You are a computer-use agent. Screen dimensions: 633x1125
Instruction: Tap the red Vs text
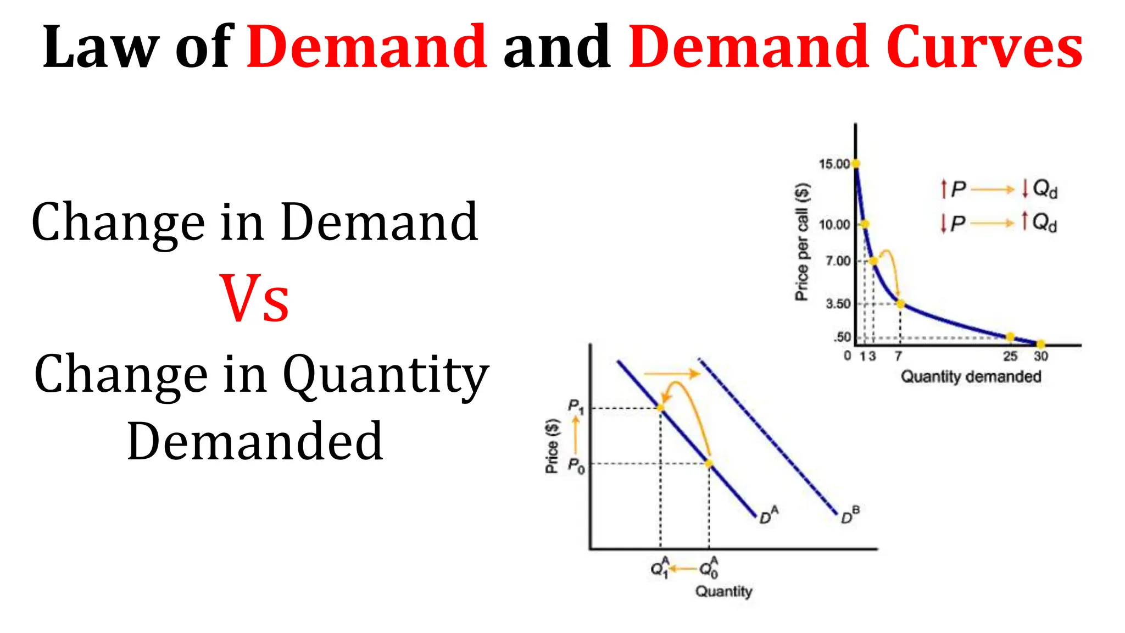(254, 299)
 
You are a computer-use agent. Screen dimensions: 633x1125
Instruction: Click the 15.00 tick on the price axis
(834, 164)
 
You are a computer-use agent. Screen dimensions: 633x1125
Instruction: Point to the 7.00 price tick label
(838, 260)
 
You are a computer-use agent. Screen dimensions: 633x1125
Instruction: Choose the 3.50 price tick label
(838, 304)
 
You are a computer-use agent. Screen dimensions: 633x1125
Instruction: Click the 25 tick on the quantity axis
(1010, 356)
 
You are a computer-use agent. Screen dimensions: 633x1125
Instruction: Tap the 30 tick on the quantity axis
(1041, 356)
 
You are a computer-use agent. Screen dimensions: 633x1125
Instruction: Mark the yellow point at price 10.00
(865, 224)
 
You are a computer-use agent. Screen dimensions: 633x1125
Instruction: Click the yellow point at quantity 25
(1010, 337)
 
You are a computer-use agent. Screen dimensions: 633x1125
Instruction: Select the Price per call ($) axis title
(803, 242)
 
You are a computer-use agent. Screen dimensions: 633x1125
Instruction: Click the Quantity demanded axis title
(971, 377)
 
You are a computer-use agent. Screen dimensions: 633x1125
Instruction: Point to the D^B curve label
(850, 515)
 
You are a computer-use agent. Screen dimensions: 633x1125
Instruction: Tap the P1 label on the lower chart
(576, 407)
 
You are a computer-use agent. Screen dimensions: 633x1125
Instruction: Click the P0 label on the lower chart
(576, 466)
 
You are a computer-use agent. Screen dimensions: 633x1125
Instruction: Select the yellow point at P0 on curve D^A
(709, 464)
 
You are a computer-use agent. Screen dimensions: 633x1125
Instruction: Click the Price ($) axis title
(552, 446)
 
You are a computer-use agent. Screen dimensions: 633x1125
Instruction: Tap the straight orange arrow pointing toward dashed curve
(671, 374)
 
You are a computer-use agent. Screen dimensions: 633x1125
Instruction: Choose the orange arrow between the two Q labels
(683, 569)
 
